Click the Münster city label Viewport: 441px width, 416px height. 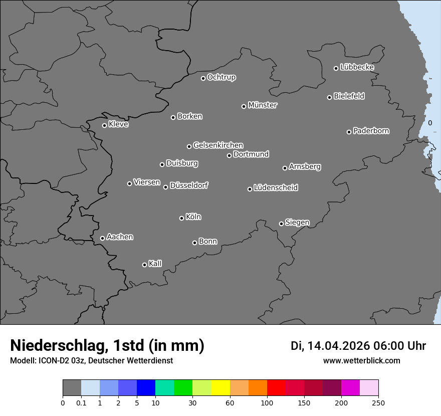click(x=263, y=105)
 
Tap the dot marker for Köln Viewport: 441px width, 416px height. click(x=181, y=218)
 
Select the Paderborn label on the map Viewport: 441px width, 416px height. click(x=371, y=131)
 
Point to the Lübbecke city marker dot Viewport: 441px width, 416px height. click(x=336, y=68)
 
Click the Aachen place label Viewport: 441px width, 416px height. click(x=120, y=237)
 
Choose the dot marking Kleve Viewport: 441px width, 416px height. click(x=104, y=125)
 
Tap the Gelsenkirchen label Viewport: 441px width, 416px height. click(x=218, y=145)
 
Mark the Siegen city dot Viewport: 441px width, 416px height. click(x=281, y=224)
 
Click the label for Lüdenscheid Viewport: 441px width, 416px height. click(x=276, y=188)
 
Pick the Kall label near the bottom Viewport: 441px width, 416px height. click(x=155, y=264)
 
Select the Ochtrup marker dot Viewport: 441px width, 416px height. click(x=203, y=78)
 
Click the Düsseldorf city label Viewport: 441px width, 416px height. click(x=189, y=185)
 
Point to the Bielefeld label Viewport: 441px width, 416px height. click(x=349, y=96)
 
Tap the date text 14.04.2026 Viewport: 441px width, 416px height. click(x=338, y=346)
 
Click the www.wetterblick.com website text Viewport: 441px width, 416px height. click(x=361, y=361)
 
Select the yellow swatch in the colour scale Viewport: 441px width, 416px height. click(x=220, y=388)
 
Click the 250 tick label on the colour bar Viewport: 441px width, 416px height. click(x=378, y=403)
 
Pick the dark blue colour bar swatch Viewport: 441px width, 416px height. click(x=146, y=388)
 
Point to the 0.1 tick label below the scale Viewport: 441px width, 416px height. click(x=81, y=403)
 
